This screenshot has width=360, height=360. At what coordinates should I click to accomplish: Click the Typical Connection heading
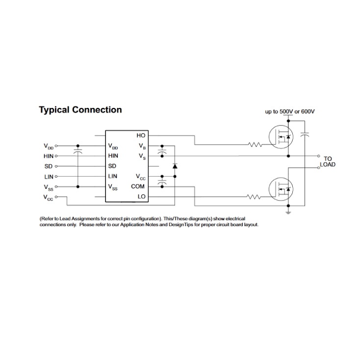pyautogui.click(x=80, y=110)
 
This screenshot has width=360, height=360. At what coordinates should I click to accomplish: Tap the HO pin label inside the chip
pyautogui.click(x=141, y=135)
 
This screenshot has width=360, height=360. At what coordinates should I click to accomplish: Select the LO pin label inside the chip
pyautogui.click(x=141, y=197)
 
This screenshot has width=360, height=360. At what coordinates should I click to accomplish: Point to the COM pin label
pyautogui.click(x=138, y=186)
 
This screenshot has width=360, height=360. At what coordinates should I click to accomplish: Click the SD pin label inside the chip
pyautogui.click(x=112, y=166)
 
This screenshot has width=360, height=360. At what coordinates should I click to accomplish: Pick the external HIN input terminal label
pyautogui.click(x=49, y=156)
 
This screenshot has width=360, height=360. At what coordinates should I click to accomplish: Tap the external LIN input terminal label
pyautogui.click(x=49, y=177)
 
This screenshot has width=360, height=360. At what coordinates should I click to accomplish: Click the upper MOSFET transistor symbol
pyautogui.click(x=281, y=137)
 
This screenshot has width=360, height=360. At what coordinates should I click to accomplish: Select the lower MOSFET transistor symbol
pyautogui.click(x=281, y=189)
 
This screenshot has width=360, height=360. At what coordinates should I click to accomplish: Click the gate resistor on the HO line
pyautogui.click(x=255, y=145)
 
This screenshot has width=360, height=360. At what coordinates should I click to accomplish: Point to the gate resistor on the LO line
pyautogui.click(x=254, y=197)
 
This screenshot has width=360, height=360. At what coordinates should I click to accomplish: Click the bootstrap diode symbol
pyautogui.click(x=175, y=166)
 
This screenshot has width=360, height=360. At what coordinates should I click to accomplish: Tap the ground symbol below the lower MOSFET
pyautogui.click(x=288, y=212)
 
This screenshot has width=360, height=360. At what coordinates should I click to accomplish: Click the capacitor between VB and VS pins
pyautogui.click(x=162, y=151)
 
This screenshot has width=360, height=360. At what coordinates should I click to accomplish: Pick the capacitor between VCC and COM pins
pyautogui.click(x=162, y=181)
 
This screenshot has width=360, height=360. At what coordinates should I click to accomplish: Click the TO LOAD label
pyautogui.click(x=328, y=162)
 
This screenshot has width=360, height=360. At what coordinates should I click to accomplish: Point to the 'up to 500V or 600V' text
pyautogui.click(x=290, y=112)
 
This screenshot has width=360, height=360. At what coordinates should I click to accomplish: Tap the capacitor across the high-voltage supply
pyautogui.click(x=305, y=134)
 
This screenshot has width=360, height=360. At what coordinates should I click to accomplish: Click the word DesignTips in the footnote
pyautogui.click(x=180, y=225)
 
